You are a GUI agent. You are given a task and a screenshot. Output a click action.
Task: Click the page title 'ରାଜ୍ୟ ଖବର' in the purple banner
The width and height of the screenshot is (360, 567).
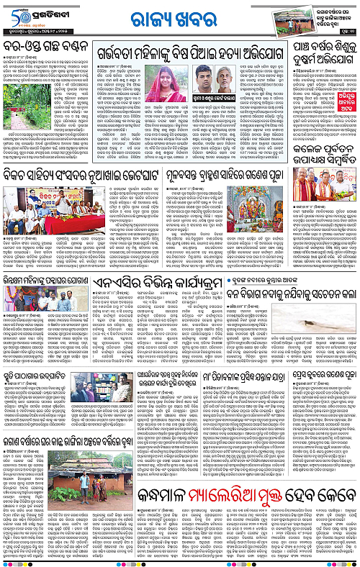pyautogui.click(x=179, y=19)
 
